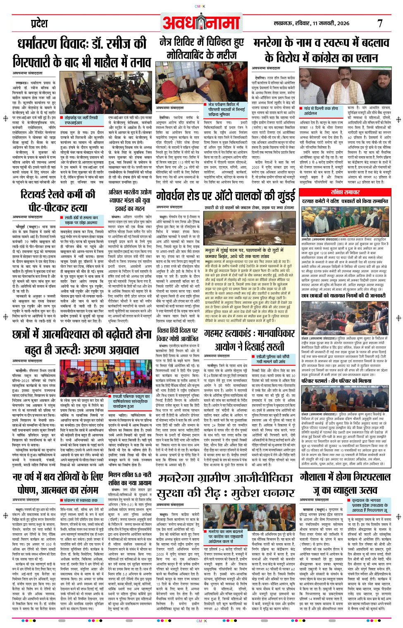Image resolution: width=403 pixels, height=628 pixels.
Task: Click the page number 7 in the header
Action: [379, 24]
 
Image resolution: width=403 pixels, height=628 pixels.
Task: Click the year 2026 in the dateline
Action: [343, 24]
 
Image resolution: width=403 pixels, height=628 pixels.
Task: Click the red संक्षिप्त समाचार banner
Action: [345, 192]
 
